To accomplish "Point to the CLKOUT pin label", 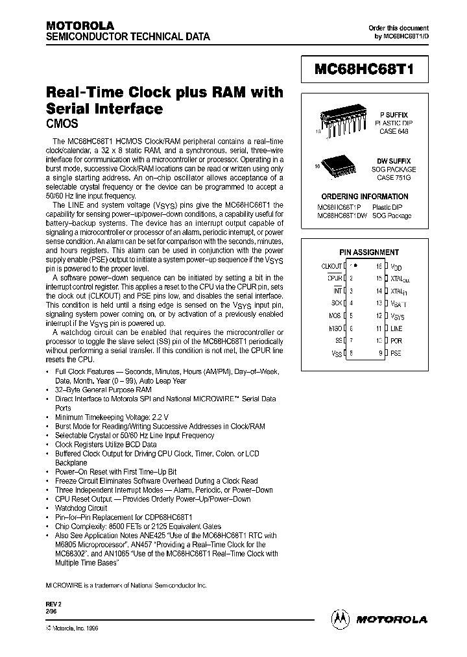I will coord(332,266).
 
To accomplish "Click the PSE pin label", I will coord(396,353).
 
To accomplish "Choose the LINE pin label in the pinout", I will coord(396,328).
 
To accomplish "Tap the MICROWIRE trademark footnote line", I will coord(126,585).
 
